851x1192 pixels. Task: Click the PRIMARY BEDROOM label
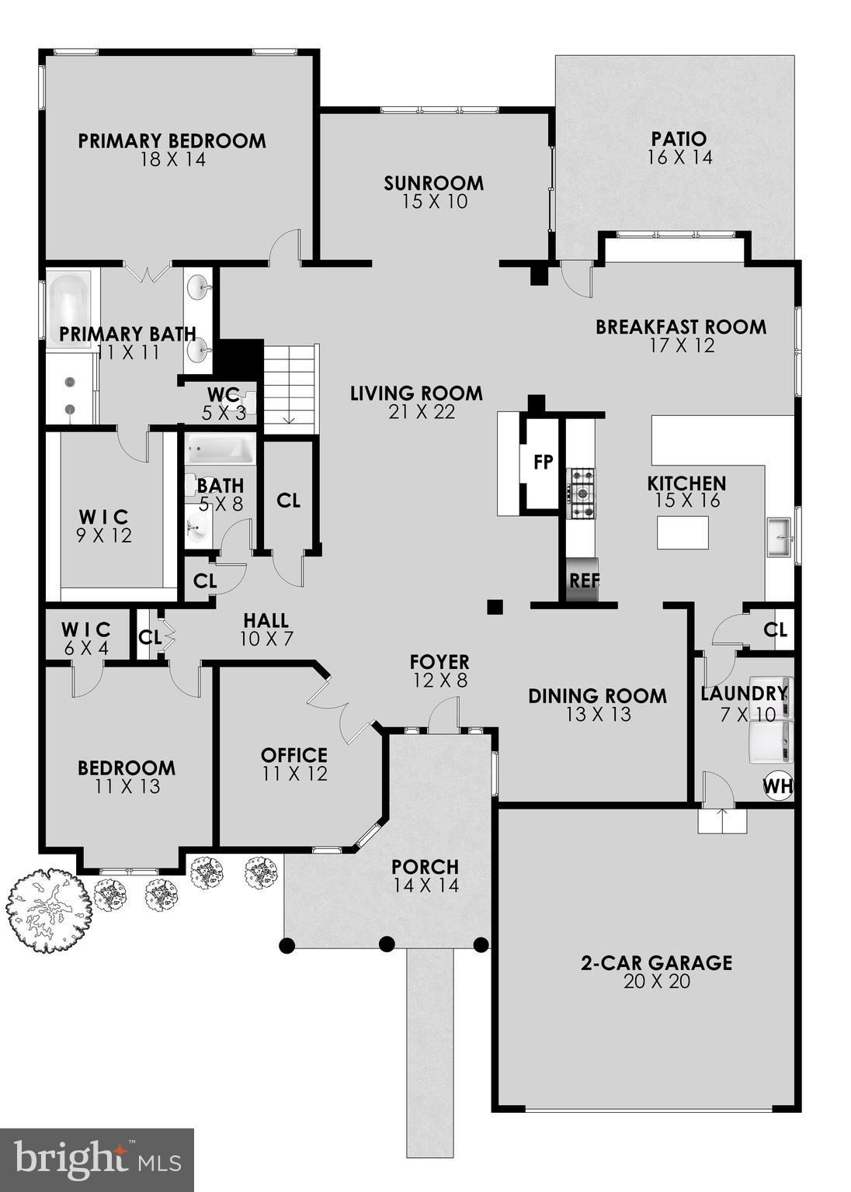pos(172,141)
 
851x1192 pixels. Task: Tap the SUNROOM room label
pos(433,183)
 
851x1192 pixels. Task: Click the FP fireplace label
pos(543,463)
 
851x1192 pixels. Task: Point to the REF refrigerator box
pos(582,580)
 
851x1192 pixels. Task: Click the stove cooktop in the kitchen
pos(582,493)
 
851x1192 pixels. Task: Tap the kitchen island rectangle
pos(683,532)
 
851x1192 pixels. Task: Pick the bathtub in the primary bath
pos(70,300)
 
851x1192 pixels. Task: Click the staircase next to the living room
pos(290,385)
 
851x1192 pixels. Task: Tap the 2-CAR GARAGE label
pos(656,963)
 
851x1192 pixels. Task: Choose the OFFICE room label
pos(294,755)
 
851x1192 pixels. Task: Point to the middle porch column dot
pos(386,944)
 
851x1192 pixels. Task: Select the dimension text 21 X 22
pos(422,412)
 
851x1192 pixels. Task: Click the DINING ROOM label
pos(597,696)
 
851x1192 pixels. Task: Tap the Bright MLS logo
pos(96,1159)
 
